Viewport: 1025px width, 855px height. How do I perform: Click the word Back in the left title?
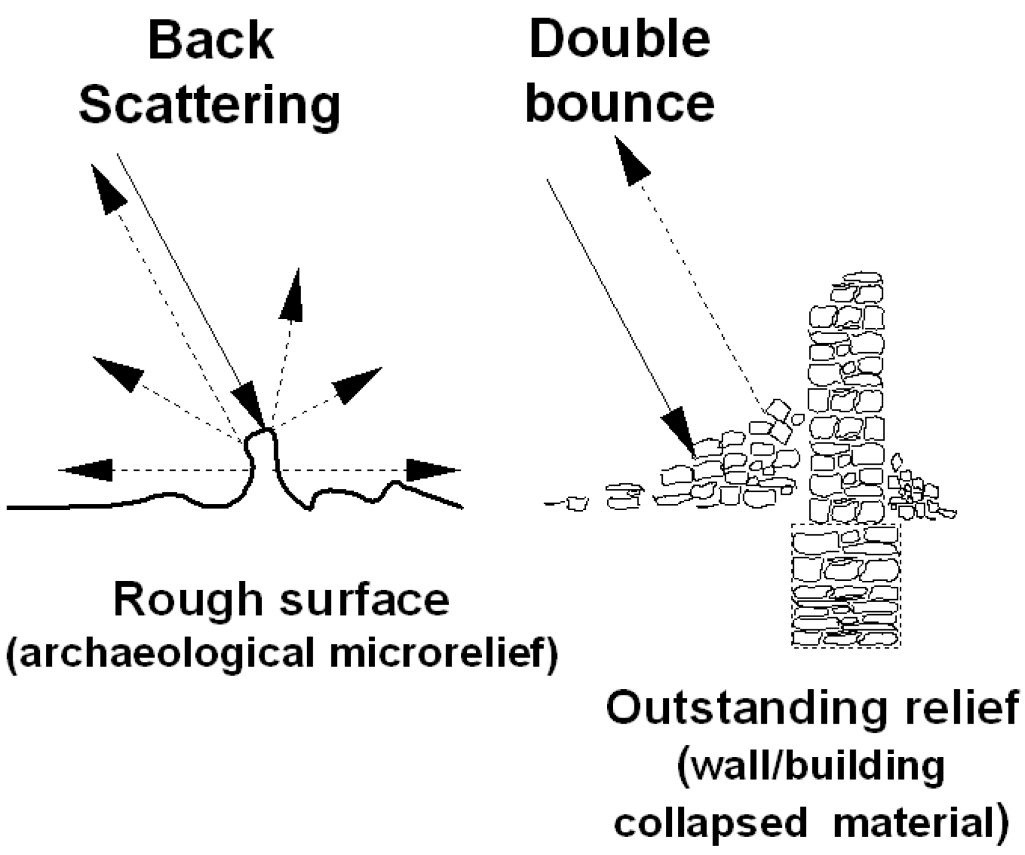(x=211, y=40)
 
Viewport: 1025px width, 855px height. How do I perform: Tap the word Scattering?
(x=210, y=105)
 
